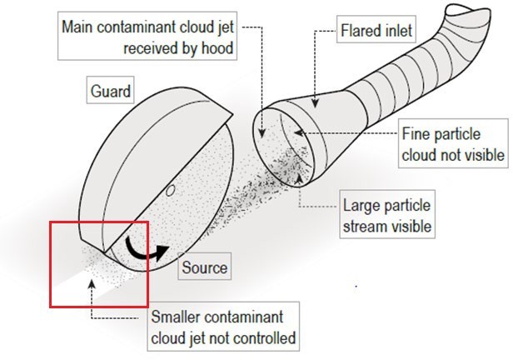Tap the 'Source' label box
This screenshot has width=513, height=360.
tap(205, 269)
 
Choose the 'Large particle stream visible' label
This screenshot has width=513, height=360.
tap(388, 214)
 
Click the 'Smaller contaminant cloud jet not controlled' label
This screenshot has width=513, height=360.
tap(224, 328)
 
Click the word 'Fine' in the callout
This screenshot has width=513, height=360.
tap(416, 134)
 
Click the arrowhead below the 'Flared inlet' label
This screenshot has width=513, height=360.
tap(316, 104)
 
